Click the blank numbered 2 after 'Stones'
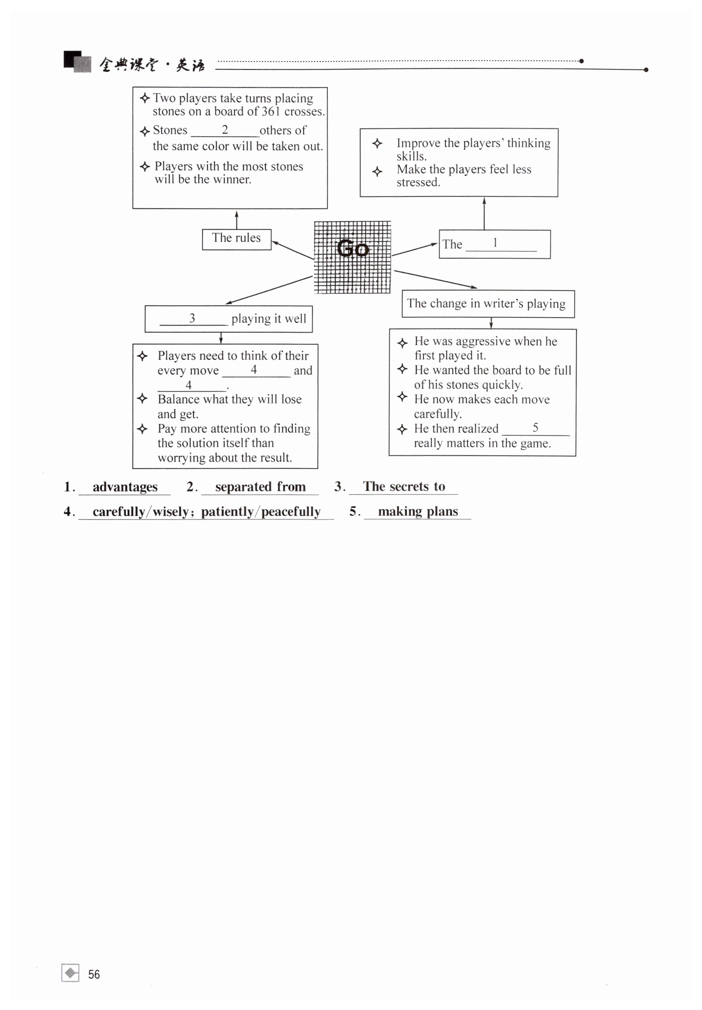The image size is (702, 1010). click(224, 131)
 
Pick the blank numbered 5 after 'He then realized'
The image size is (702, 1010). click(535, 428)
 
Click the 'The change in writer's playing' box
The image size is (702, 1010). click(487, 303)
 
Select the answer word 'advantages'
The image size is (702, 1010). click(125, 486)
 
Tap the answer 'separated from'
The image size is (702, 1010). click(260, 486)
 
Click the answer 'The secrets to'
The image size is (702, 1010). click(403, 486)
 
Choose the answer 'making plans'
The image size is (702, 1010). click(417, 511)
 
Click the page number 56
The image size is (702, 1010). click(94, 974)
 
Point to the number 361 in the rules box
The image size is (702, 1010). click(270, 111)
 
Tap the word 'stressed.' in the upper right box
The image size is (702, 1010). click(418, 182)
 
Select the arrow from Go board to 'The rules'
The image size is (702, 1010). click(293, 250)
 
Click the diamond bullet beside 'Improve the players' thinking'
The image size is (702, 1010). click(377, 143)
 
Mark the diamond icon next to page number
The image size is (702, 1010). click(70, 973)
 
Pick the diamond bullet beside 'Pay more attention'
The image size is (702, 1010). click(142, 428)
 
